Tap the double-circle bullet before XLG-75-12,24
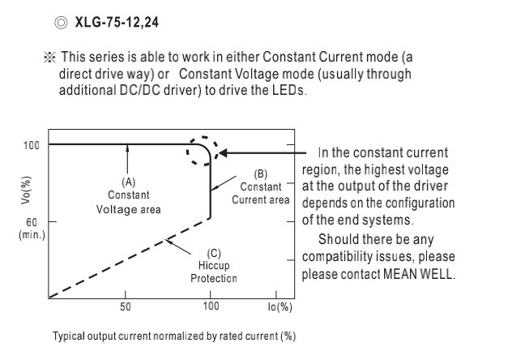tap(60, 21)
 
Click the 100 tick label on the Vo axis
tap(30, 145)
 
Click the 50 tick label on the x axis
tap(125, 306)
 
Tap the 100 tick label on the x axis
tap(211, 306)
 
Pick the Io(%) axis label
tap(279, 306)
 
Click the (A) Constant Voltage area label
tap(128, 195)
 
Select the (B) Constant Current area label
tap(260, 186)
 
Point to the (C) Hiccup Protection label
tap(213, 265)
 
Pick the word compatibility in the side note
tap(344, 257)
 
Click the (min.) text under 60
tap(31, 234)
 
